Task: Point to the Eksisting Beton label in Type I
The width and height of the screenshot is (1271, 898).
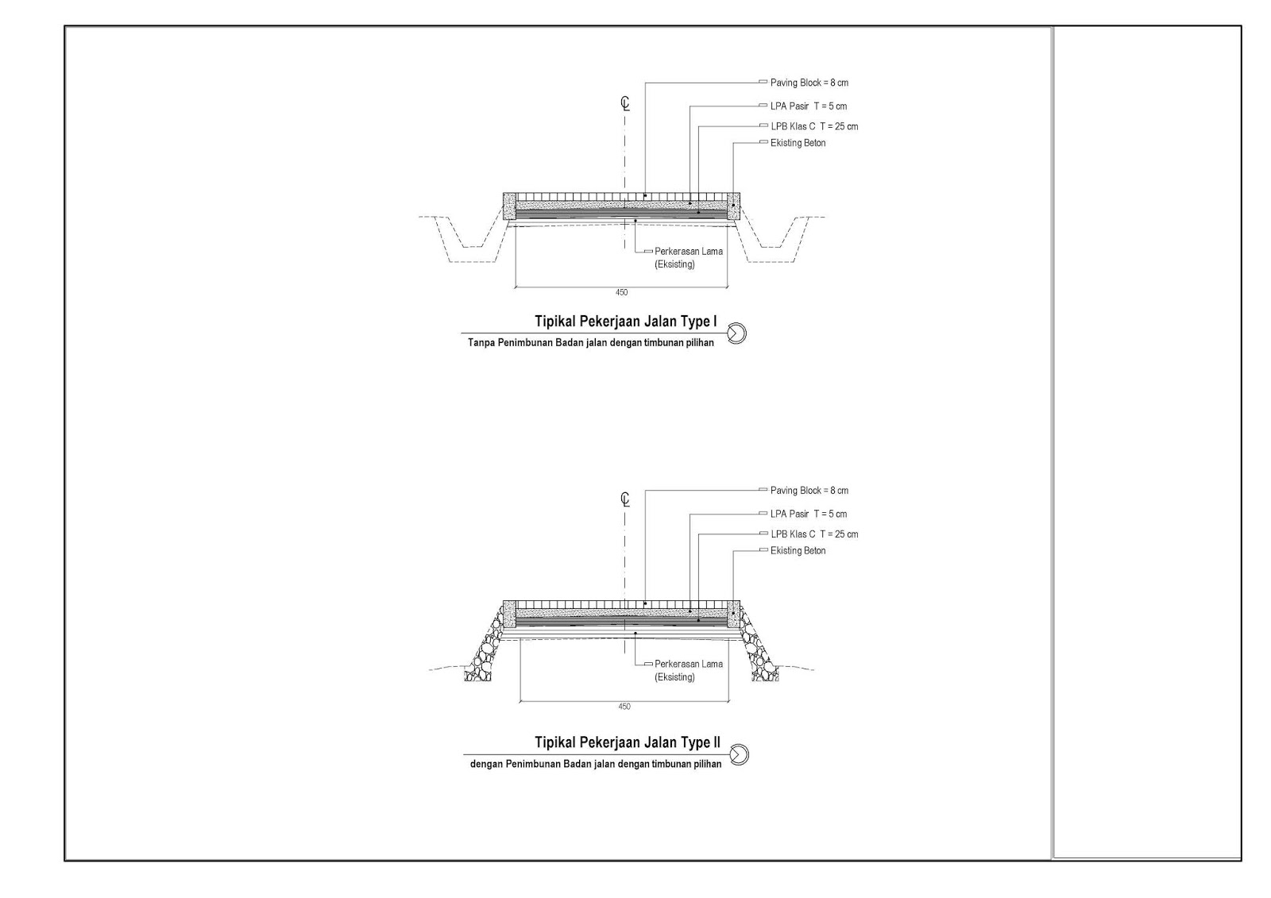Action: (798, 143)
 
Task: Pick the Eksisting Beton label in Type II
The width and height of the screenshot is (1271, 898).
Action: (798, 550)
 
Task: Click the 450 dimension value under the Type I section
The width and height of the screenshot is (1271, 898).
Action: (621, 292)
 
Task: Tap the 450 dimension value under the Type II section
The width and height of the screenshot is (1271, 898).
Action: (624, 707)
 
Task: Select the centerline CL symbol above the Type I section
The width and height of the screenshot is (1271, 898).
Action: (625, 103)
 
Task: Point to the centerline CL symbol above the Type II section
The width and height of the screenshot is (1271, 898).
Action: (625, 499)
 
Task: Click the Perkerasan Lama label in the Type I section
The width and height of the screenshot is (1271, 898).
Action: (688, 252)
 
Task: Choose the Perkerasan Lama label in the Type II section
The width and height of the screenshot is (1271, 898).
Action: (688, 664)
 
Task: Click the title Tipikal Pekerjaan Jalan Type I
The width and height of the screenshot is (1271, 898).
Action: (626, 322)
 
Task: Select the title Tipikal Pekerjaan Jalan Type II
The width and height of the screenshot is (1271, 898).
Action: (628, 742)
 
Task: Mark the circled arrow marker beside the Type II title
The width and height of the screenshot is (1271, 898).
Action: (739, 753)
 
